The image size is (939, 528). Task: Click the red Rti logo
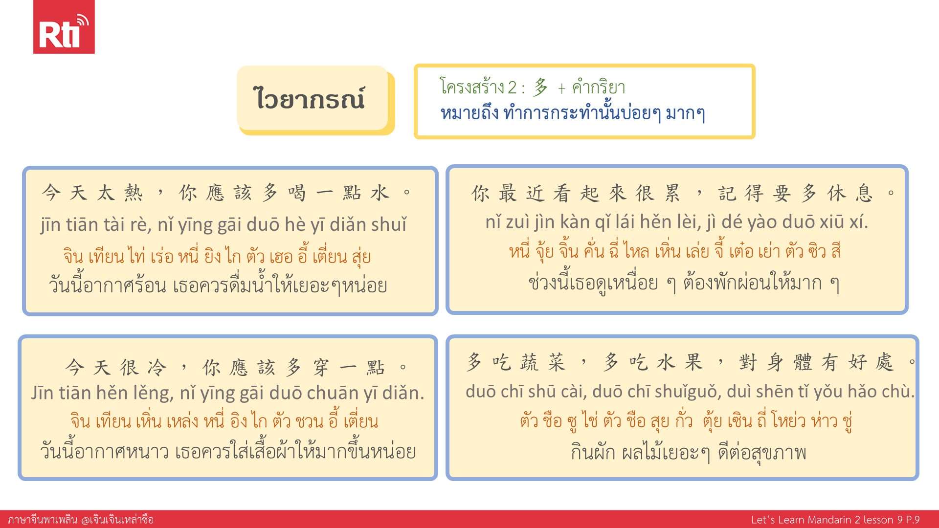[x=64, y=27]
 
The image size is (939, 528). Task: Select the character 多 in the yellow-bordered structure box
[x=540, y=88]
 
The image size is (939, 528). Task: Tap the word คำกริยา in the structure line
[x=599, y=88]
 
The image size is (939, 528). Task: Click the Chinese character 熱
[x=133, y=193]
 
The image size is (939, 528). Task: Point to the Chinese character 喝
[x=297, y=193]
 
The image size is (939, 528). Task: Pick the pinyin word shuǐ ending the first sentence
[x=389, y=224]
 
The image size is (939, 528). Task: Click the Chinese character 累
[x=672, y=193]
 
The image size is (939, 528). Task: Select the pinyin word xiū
[x=832, y=222]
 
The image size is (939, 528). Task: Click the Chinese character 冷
[x=157, y=367]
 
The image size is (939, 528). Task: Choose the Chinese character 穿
[x=321, y=367]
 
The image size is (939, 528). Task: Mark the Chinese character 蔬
[x=529, y=362]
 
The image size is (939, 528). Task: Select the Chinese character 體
[x=803, y=362]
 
